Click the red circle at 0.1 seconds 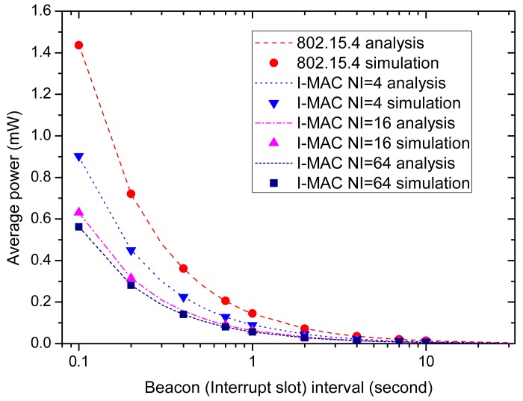78,45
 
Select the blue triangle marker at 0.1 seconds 78,157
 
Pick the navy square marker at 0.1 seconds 78,227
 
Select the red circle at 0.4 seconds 183,269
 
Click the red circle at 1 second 253,314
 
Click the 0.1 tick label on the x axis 78,360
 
